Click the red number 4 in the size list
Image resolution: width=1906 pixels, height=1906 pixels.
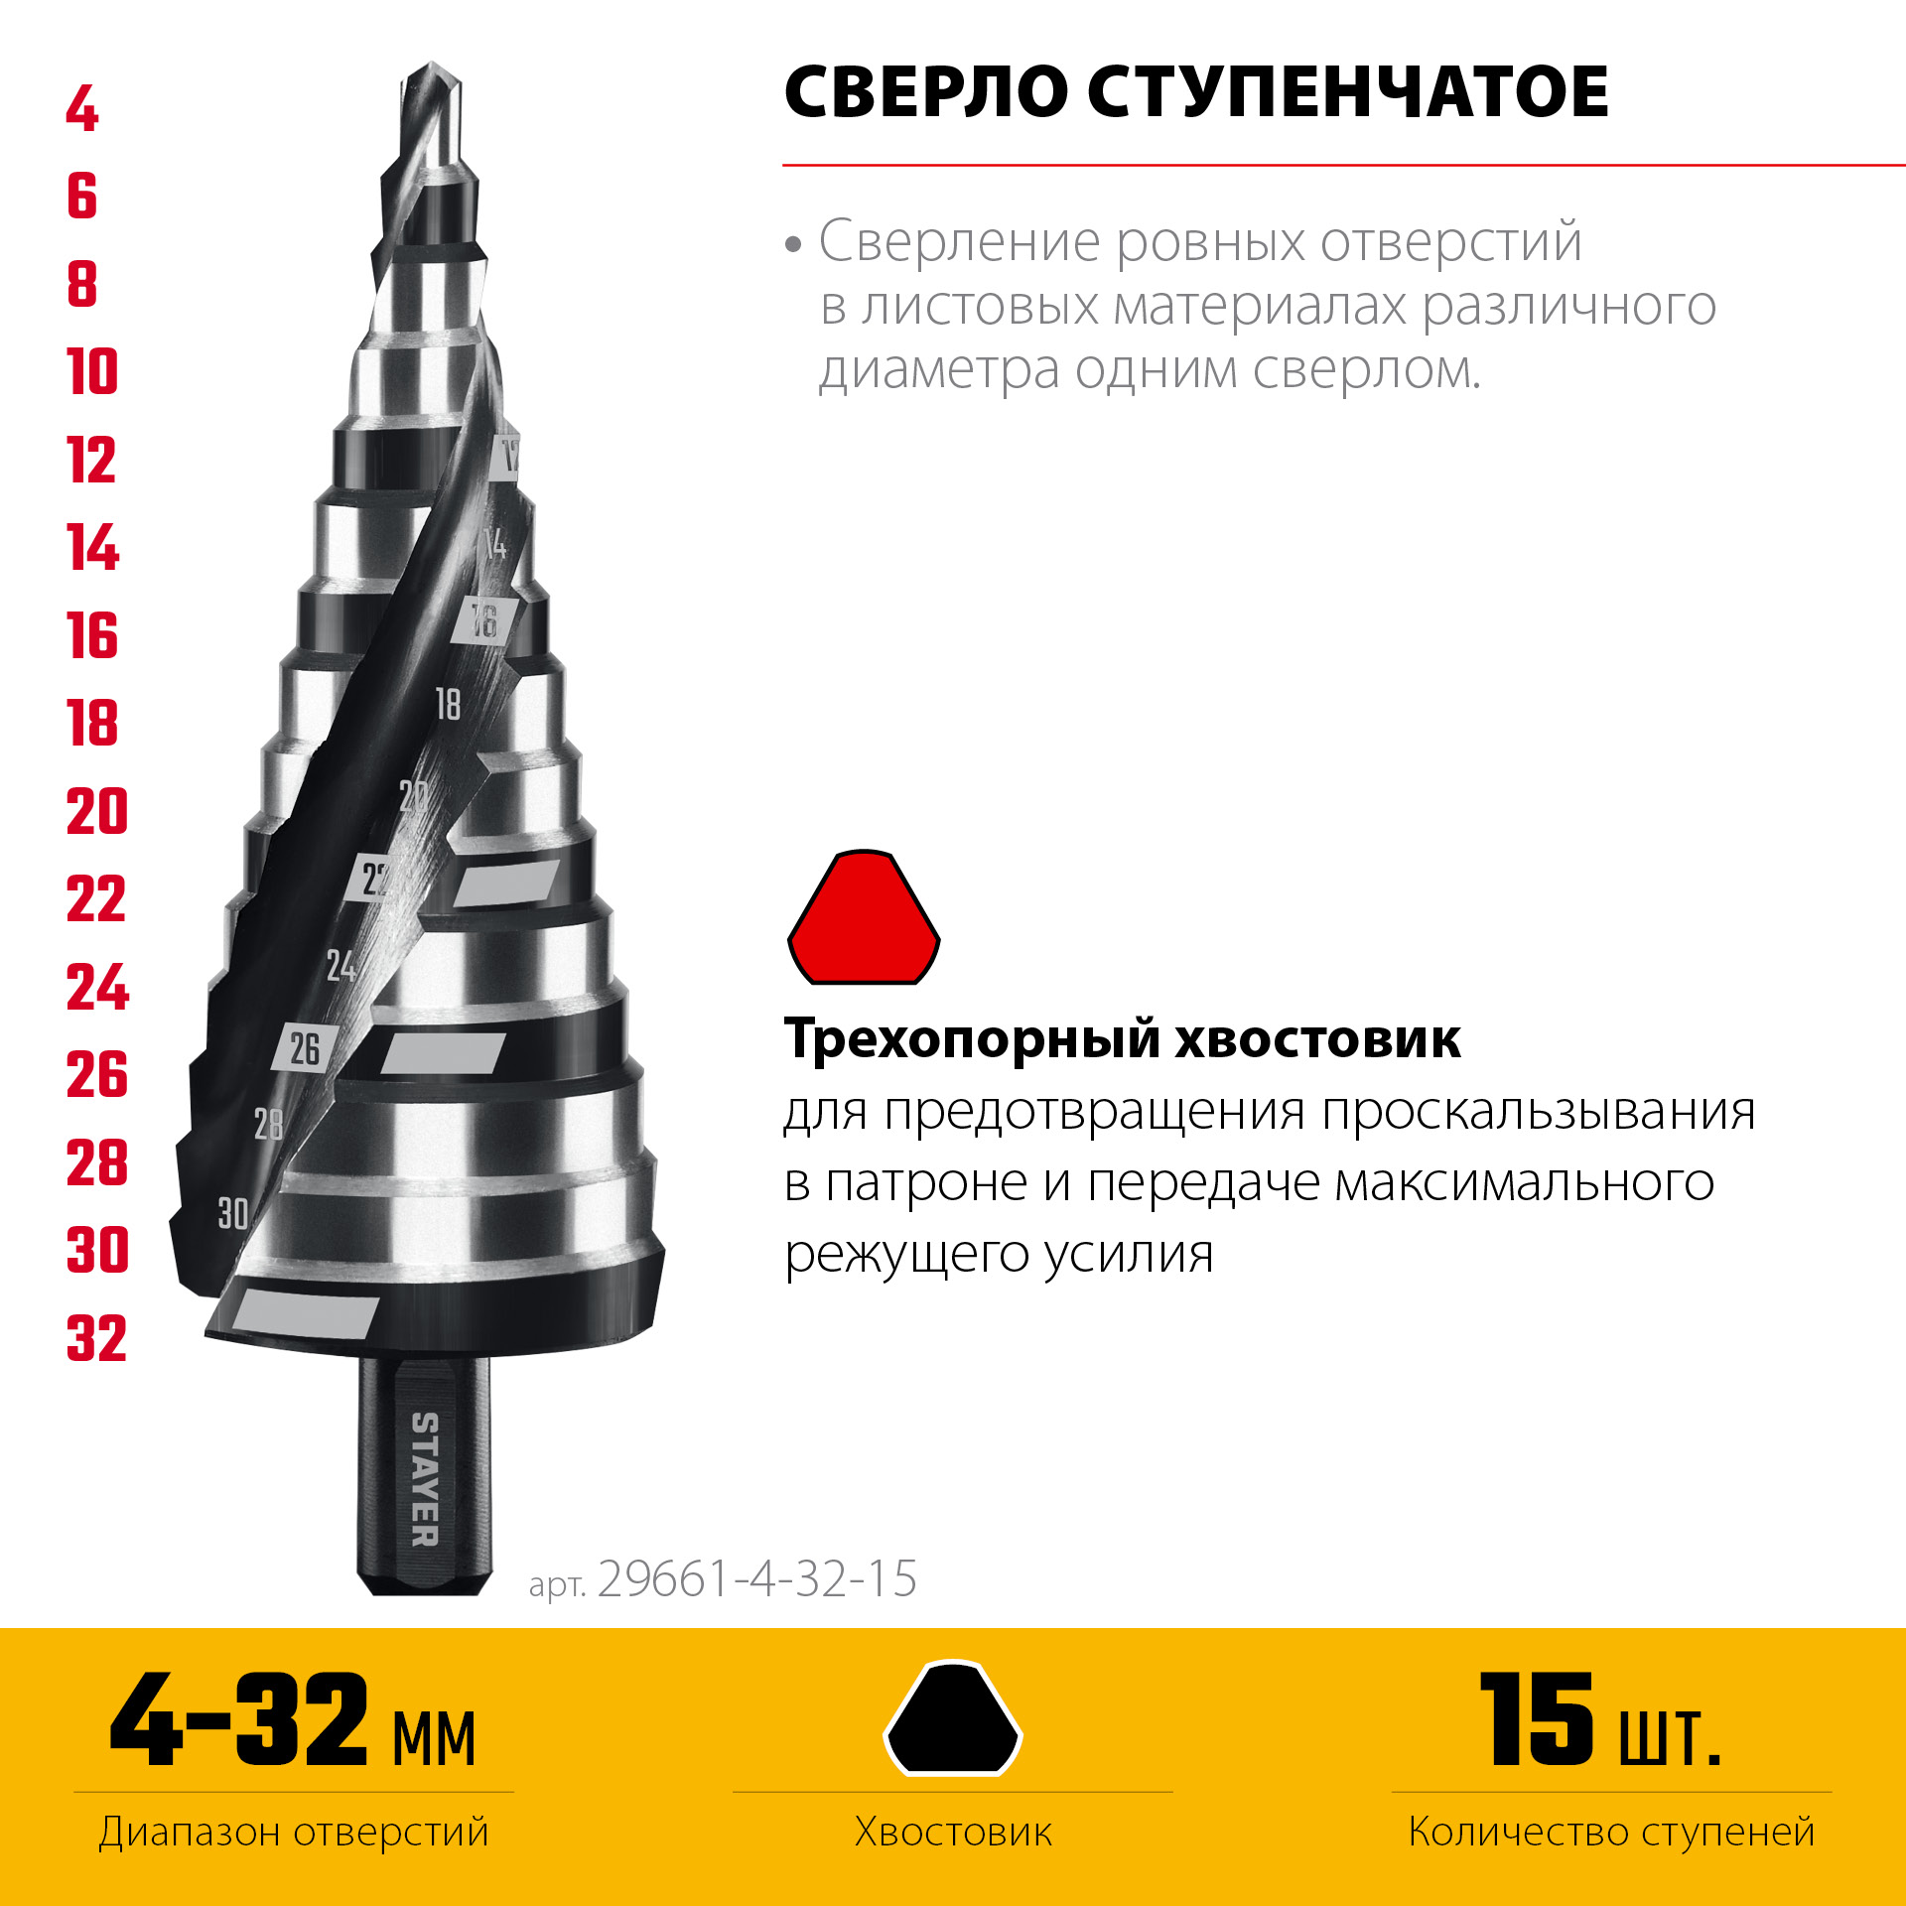(83, 109)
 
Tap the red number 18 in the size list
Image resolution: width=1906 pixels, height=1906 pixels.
(92, 723)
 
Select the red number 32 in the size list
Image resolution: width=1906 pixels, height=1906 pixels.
(97, 1338)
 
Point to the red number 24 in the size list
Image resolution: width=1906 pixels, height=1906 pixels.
(97, 987)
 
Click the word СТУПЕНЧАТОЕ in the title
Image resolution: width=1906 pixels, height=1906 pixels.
(1347, 92)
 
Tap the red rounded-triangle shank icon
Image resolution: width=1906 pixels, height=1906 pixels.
(864, 918)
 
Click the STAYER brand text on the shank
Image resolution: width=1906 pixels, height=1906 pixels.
(425, 1479)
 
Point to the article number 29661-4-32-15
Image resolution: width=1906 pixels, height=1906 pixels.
(756, 1578)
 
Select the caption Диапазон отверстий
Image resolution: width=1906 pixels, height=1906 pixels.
(294, 1833)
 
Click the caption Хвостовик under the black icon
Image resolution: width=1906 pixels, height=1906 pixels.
(953, 1833)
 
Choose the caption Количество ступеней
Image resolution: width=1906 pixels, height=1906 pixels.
(1611, 1833)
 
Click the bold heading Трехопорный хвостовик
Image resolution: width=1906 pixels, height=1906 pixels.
(1122, 1039)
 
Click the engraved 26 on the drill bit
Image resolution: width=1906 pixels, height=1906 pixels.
(305, 1048)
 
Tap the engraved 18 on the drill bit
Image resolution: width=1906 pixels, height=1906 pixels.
(449, 704)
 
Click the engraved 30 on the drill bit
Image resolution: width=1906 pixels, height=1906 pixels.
(233, 1213)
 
